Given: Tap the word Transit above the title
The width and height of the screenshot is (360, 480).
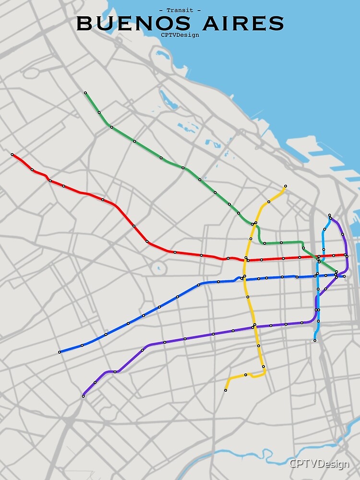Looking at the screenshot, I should pos(180,10).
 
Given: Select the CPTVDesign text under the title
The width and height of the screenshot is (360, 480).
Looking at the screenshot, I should pos(180,35).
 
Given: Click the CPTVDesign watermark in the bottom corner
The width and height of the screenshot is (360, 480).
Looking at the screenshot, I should pos(319,464).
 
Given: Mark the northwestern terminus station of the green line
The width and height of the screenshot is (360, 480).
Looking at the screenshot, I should pos(85,93).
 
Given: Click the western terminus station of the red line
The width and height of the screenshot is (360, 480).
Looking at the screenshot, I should pos(12,155).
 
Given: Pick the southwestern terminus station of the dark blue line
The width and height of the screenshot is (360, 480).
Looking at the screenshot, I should pos(60,352).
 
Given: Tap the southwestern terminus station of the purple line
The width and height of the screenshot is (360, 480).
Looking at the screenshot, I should pos(84,396).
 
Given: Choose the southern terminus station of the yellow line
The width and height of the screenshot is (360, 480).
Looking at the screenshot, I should pos(226,390).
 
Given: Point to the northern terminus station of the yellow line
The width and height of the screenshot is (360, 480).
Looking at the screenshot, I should pos(285,186).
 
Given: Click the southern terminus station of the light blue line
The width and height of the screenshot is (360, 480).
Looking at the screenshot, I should pos(315,340).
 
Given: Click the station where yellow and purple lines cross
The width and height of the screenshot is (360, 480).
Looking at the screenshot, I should pos(254,325).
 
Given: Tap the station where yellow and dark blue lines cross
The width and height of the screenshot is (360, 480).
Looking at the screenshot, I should pos(244,277).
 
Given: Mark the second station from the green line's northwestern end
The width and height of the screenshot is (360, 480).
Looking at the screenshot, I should pos(99,112).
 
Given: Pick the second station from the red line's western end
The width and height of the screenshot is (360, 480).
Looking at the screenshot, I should pos(32,169).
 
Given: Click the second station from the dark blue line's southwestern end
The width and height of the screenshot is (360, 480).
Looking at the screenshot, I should pos(82,345).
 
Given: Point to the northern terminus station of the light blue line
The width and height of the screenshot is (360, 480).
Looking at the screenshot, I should pos(329,215).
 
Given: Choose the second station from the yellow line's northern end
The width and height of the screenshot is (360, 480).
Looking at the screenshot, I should pos(269,202).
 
